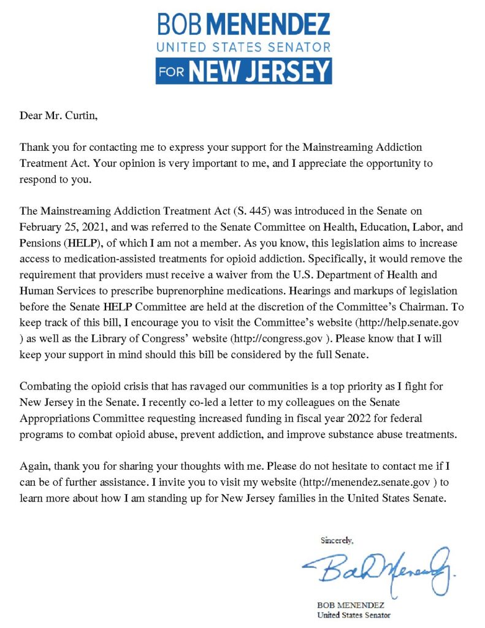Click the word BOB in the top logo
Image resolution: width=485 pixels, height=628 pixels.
point(178,25)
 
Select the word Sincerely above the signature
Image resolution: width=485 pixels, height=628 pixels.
point(337,540)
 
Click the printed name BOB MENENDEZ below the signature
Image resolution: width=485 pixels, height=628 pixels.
point(349,605)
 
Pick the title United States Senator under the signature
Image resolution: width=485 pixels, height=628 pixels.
point(353,615)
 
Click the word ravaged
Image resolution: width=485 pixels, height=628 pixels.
point(191,386)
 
